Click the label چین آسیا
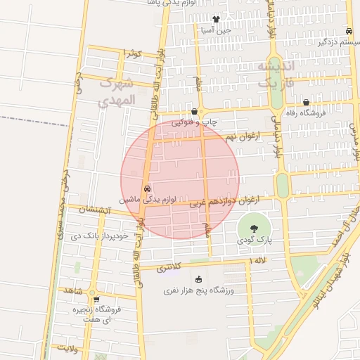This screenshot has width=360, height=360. point(214,30)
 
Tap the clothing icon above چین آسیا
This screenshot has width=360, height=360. point(215,20)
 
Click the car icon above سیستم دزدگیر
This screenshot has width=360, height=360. point(349,32)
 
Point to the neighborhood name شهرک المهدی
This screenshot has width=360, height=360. point(114,91)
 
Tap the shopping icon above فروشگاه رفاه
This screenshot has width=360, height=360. point(307,103)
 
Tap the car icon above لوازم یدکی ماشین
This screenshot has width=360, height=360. point(147,188)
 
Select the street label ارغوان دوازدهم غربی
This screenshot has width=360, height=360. point(224,202)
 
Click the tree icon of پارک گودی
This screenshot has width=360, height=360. point(253,228)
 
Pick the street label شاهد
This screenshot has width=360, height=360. point(73,290)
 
